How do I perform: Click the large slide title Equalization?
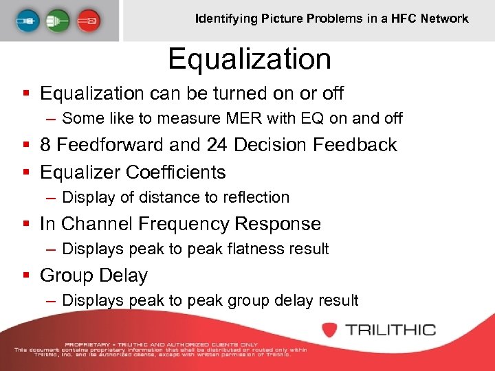(x=250, y=59)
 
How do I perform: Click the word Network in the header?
(x=445, y=19)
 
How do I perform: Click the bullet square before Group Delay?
(x=25, y=276)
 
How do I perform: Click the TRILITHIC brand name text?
(x=391, y=330)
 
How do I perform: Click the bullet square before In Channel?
(x=25, y=225)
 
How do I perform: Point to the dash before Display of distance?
(x=51, y=198)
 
